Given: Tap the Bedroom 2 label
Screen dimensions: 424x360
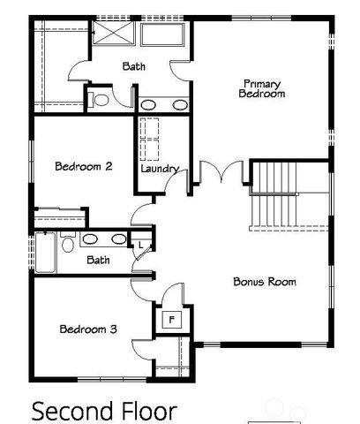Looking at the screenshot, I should (x=82, y=165).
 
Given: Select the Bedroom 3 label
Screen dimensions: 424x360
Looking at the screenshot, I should (x=87, y=329).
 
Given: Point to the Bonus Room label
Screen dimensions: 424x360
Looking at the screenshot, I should (x=264, y=282).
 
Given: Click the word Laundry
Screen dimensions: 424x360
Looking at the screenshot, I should (x=160, y=169).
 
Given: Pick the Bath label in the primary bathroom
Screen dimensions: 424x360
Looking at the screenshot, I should (x=134, y=66).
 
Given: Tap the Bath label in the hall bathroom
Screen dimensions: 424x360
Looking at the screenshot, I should (x=98, y=260).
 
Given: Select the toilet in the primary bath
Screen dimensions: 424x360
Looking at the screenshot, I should (x=99, y=99).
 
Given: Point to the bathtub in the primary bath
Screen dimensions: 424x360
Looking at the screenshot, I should (x=161, y=36).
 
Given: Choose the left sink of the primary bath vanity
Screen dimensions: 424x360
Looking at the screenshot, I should (x=149, y=104).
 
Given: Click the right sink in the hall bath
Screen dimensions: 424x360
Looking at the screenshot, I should (x=117, y=238).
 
